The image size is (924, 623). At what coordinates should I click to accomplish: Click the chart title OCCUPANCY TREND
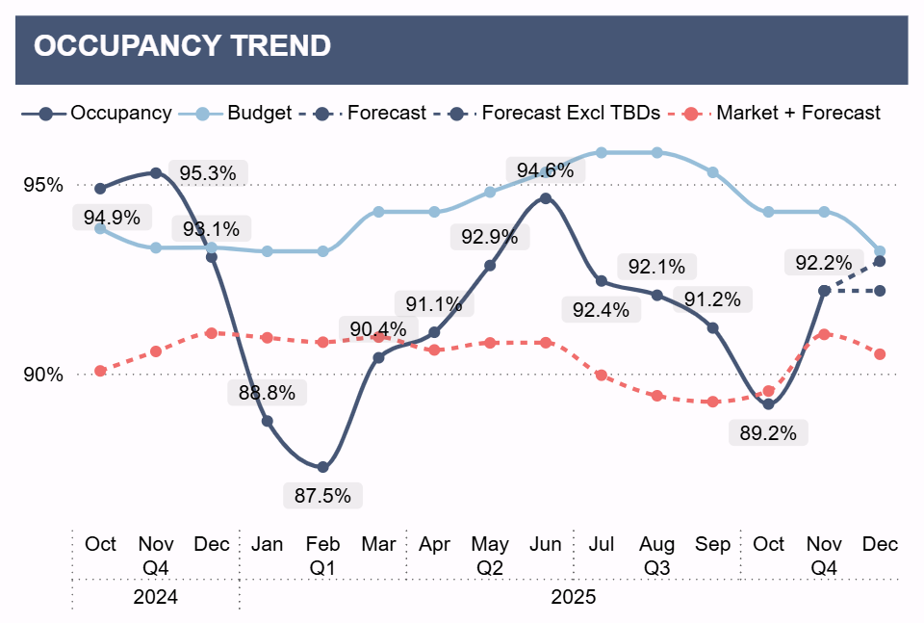182,46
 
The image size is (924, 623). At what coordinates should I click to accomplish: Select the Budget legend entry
259,113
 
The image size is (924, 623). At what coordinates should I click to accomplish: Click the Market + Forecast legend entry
798,113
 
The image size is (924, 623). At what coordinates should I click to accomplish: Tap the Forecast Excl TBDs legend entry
570,113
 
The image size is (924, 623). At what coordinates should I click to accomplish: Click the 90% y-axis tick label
44,375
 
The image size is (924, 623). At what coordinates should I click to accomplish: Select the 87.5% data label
323,496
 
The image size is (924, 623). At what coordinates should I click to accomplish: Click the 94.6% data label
545,170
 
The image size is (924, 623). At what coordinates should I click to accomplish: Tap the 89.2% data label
768,433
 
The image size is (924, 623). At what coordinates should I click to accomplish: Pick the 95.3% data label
208,173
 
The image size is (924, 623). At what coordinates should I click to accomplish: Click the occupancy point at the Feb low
323,467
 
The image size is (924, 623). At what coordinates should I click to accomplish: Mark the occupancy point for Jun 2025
546,198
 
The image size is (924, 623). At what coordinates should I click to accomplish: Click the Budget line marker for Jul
601,152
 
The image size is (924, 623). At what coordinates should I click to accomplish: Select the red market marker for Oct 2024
101,371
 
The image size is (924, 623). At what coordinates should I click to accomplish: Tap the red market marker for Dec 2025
880,354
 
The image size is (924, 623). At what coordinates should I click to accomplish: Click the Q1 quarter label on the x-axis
322,568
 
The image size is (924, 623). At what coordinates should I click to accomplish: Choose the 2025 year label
574,597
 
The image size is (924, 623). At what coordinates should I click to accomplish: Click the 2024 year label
156,597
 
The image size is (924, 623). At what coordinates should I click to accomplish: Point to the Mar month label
378,544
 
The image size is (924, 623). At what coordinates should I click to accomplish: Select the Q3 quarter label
656,568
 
